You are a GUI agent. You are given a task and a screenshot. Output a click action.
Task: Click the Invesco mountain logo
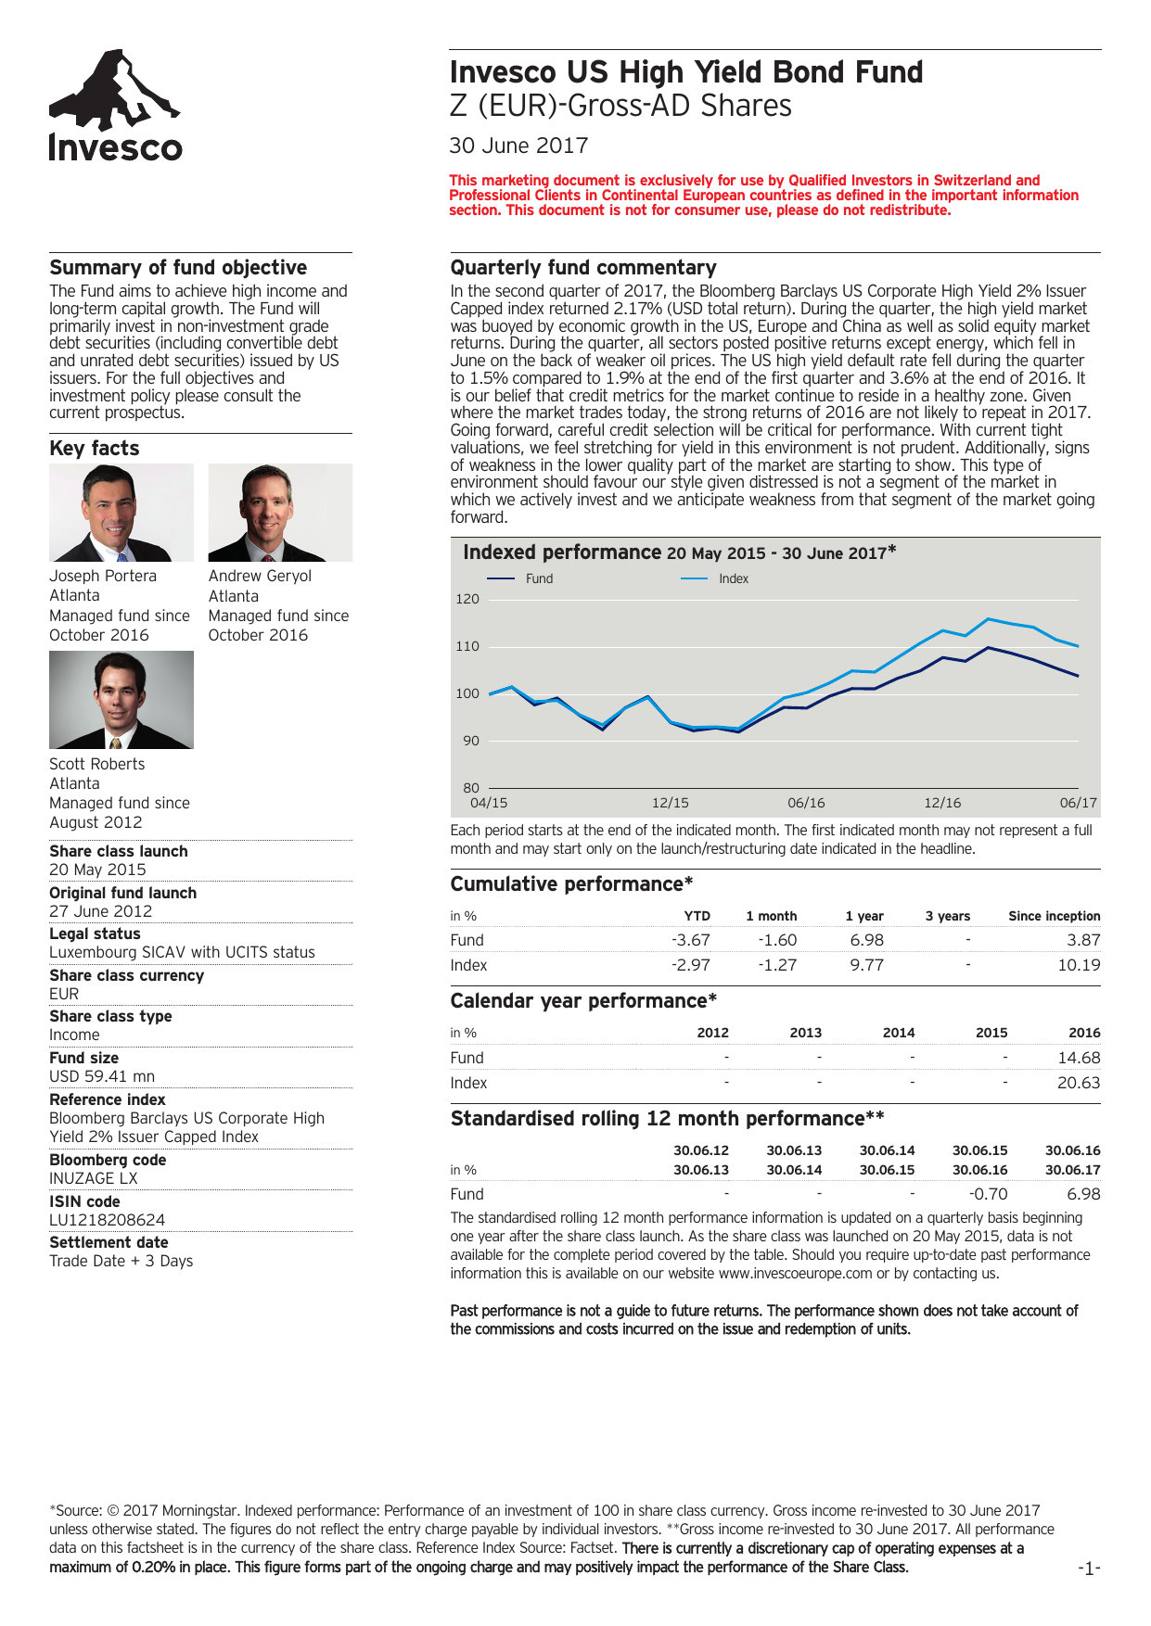pos(115,106)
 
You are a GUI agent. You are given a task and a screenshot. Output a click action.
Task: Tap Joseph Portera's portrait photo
pos(121,513)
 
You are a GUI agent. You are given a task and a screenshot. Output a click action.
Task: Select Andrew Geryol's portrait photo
pos(280,513)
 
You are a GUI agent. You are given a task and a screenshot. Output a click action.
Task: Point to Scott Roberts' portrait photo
pos(121,700)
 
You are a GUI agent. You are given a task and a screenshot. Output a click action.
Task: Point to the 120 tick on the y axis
pos(467,599)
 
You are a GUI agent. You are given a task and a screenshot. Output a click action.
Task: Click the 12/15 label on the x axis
pos(670,803)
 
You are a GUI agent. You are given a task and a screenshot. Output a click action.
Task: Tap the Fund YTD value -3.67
pos(691,940)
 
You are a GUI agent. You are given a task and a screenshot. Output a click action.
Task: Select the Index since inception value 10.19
pos(1079,965)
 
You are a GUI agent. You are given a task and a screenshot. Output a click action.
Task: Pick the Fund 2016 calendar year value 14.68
pos(1079,1058)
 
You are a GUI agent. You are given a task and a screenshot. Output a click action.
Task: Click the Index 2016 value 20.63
pos(1079,1083)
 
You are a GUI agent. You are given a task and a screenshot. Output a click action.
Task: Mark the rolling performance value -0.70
pos(989,1194)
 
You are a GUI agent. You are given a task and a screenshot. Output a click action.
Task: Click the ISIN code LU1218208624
pos(108,1220)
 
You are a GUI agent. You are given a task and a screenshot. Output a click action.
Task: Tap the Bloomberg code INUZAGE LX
pos(94,1178)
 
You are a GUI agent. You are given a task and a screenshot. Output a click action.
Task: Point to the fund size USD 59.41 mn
pos(102,1076)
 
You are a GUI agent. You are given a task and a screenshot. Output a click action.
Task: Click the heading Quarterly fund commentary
pos(583,268)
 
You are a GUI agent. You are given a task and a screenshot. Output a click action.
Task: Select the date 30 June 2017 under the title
pos(518,146)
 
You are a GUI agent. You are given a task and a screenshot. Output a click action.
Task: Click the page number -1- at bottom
pos(1089,1568)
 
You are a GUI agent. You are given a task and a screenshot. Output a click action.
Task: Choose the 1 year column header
pos(864,916)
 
